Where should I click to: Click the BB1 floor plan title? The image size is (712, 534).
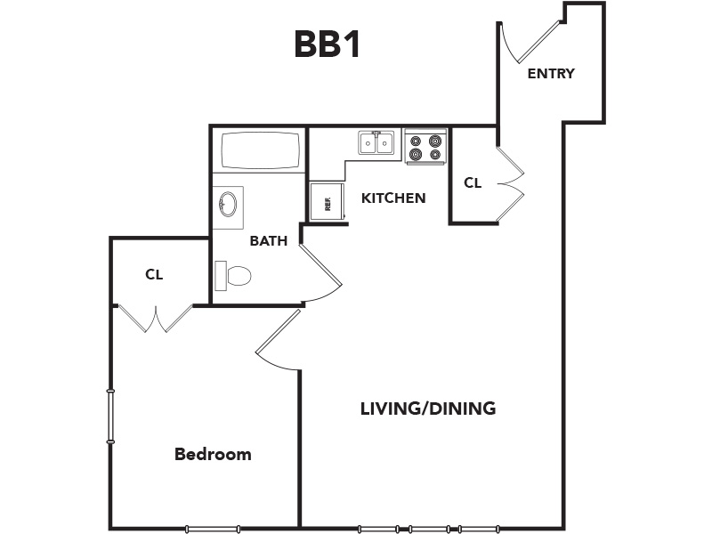pyautogui.click(x=328, y=44)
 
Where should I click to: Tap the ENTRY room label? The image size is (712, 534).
pyautogui.click(x=551, y=73)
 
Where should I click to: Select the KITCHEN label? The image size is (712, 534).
pyautogui.click(x=393, y=198)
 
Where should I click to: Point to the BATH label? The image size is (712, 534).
pyautogui.click(x=269, y=240)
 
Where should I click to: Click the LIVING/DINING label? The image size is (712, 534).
pyautogui.click(x=428, y=409)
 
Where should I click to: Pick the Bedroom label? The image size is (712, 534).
pyautogui.click(x=213, y=454)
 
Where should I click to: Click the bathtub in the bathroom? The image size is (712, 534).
pyautogui.click(x=261, y=150)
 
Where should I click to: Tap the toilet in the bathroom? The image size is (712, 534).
pyautogui.click(x=233, y=275)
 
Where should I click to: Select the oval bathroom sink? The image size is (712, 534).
pyautogui.click(x=228, y=204)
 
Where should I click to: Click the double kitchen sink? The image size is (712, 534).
pyautogui.click(x=376, y=143)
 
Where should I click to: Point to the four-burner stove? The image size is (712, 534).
pyautogui.click(x=425, y=147)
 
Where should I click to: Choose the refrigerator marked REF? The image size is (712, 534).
pyautogui.click(x=327, y=201)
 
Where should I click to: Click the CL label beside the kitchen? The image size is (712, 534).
pyautogui.click(x=473, y=183)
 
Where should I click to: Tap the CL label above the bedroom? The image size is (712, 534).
pyautogui.click(x=154, y=275)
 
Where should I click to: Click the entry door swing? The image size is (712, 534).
pyautogui.click(x=531, y=42)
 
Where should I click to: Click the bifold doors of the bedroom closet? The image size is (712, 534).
pyautogui.click(x=156, y=318)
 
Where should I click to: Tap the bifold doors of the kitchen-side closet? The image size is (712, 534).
pyautogui.click(x=511, y=184)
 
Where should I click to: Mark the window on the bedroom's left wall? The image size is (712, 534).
pyautogui.click(x=110, y=416)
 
